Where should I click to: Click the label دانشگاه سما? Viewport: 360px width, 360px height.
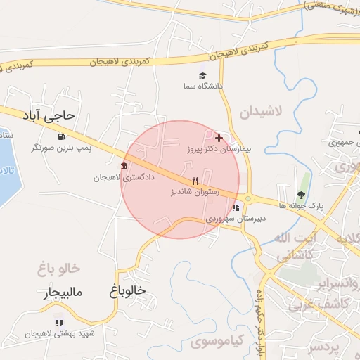pos(202,86)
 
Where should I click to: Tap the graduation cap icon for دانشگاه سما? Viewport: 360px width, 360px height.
pos(202,75)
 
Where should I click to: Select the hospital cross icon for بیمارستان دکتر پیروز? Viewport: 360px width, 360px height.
pos(219,138)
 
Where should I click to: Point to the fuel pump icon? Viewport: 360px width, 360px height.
pos(62,136)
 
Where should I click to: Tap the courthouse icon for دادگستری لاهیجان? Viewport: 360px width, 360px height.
pos(124,166)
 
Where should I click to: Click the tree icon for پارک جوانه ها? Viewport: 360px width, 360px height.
pos(301,195)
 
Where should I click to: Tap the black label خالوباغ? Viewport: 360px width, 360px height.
pos(128,290)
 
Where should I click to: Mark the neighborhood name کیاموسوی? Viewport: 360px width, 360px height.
pos(217,342)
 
